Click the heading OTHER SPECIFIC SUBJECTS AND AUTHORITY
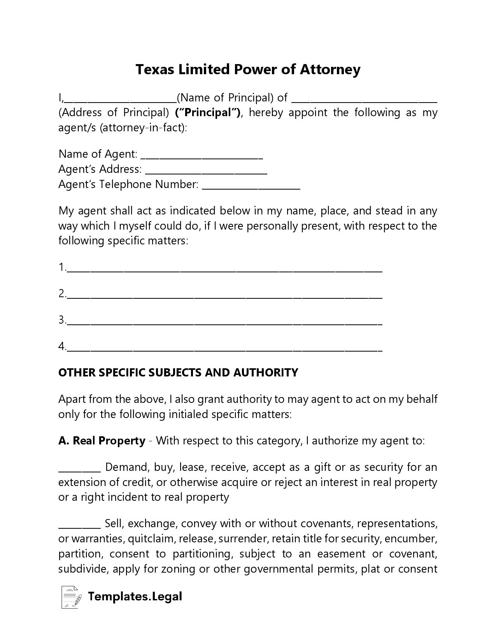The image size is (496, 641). point(178,373)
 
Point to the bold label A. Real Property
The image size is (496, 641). point(102,441)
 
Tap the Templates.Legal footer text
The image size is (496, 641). point(135,596)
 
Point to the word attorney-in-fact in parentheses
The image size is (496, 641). point(143,128)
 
